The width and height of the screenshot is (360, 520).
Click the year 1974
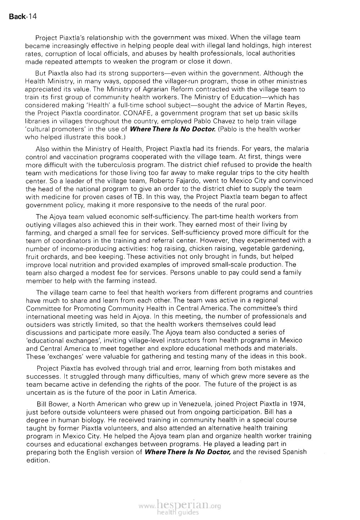pos(297,404)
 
